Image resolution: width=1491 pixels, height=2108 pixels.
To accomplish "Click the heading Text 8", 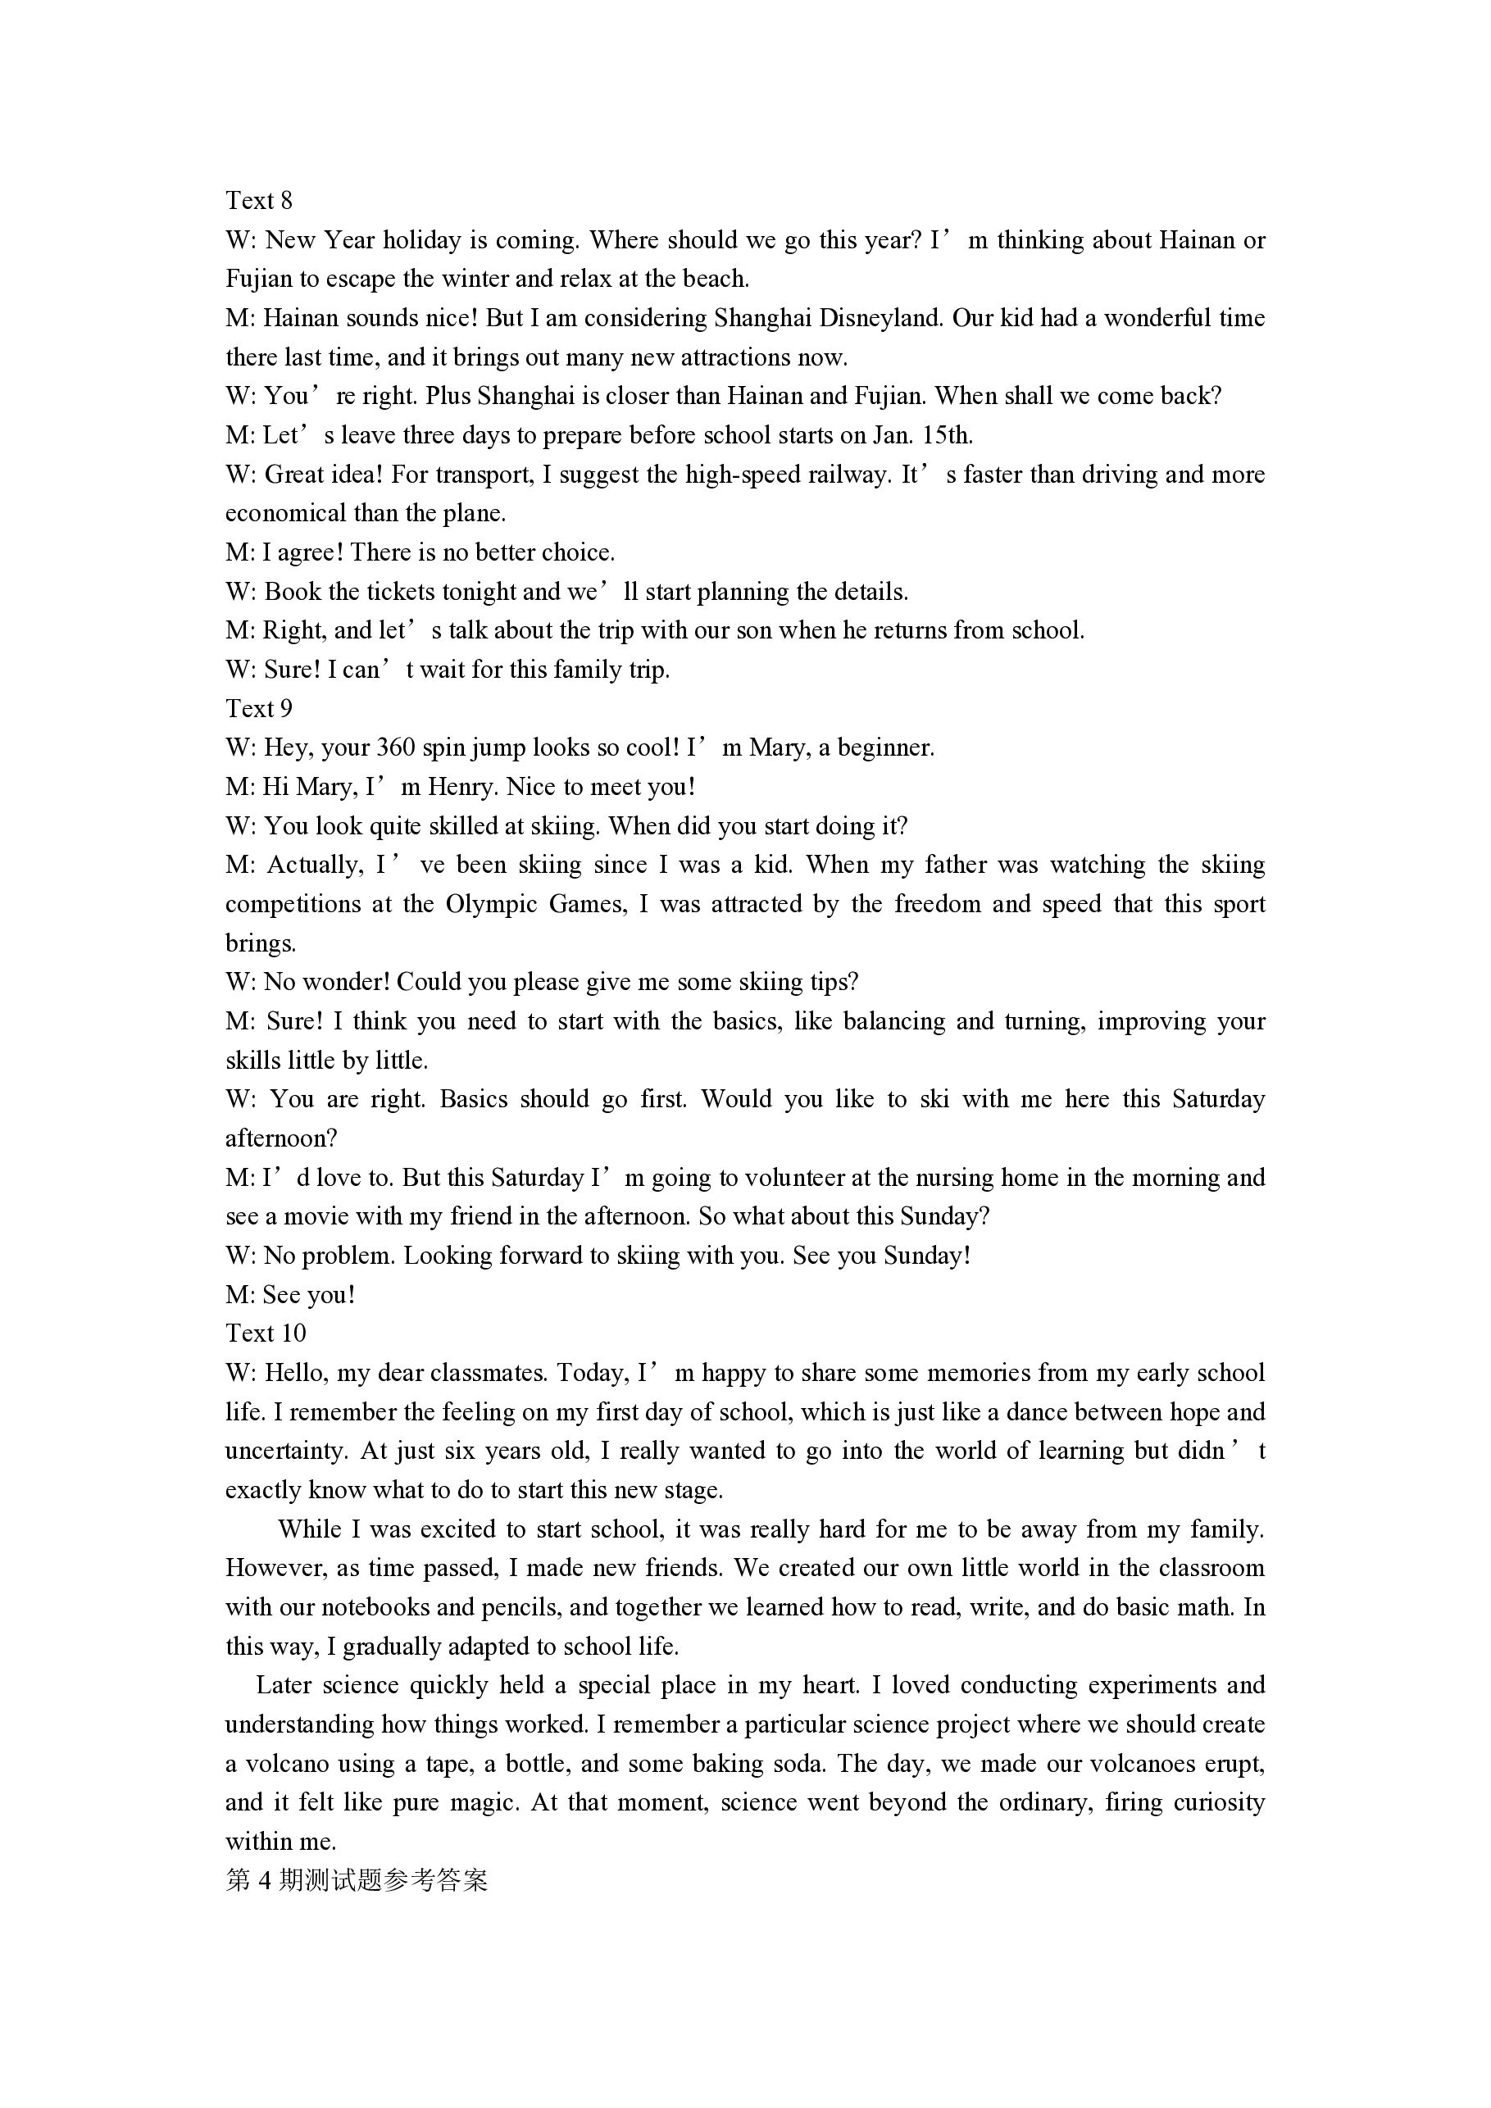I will pyautogui.click(x=259, y=200).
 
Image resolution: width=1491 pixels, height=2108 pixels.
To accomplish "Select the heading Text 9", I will pyautogui.click(x=259, y=708).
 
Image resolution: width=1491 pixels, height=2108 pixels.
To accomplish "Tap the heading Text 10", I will pyautogui.click(x=266, y=1333).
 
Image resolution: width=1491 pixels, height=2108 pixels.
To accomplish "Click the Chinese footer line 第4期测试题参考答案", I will pyautogui.click(x=357, y=1880).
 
